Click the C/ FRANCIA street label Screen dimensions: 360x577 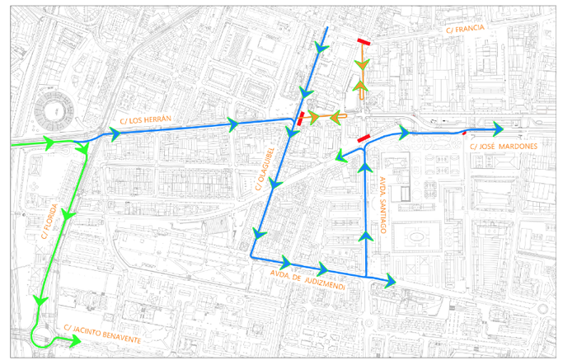coord(467,30)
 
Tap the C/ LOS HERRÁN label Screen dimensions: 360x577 coord(144,120)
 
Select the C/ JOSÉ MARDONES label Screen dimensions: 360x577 coord(503,147)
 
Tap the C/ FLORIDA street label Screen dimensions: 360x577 coord(49,222)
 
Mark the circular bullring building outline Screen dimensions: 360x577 coord(53,111)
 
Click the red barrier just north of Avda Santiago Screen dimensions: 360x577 coord(361,141)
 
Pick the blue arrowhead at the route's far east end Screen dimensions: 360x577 coord(498,128)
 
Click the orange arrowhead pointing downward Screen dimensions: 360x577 coord(360,65)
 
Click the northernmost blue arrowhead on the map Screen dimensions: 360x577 coord(321,49)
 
